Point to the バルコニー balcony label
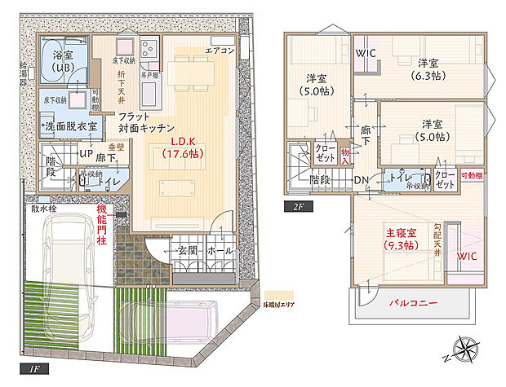[412, 303]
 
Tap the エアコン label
[220, 50]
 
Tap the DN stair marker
[362, 180]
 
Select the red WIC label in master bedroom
[467, 257]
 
